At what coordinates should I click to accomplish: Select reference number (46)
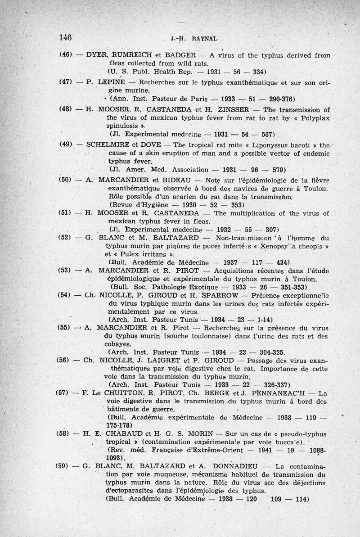[67, 55]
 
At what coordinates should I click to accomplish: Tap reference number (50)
[67, 180]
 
